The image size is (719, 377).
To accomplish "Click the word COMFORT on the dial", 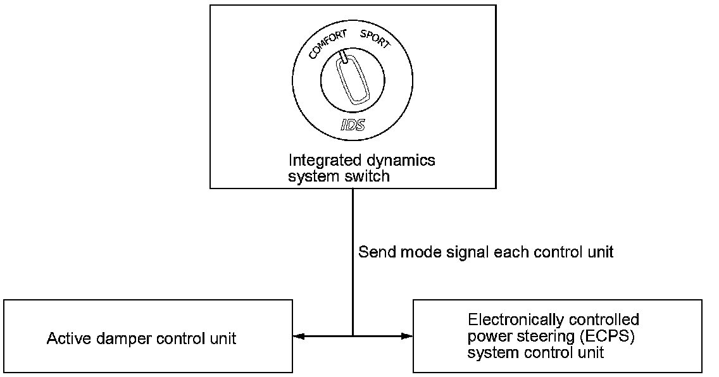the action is (327, 44).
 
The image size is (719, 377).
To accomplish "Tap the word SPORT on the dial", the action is (375, 39).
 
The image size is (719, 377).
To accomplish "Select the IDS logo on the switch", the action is (353, 124).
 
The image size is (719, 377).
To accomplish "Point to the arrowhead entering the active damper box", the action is (299, 337).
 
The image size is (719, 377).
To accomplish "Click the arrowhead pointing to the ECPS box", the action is (407, 337).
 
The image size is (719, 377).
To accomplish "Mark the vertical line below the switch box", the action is (353, 263).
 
